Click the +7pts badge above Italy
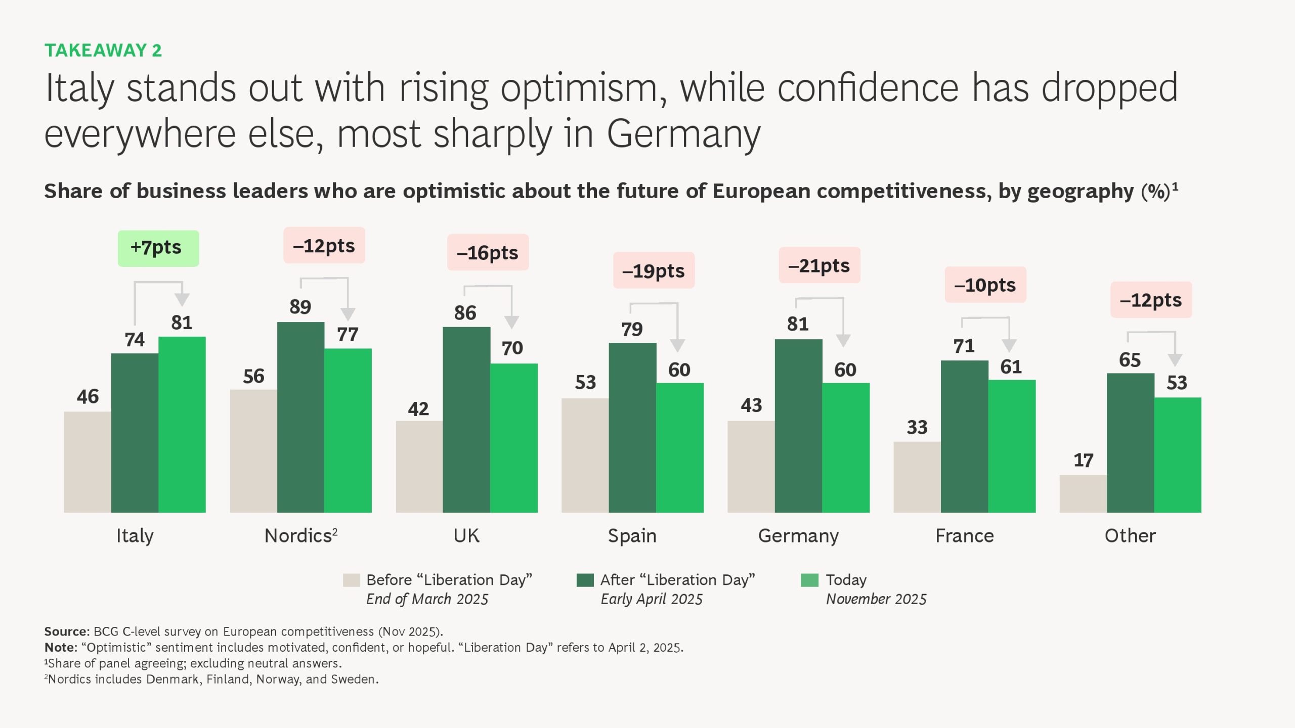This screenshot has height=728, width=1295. pos(158,248)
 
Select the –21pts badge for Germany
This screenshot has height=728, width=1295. pos(819,265)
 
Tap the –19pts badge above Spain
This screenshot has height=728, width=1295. pos(654,271)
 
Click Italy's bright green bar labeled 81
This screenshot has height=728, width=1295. pos(182,425)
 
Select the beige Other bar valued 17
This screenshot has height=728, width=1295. pos(1083,493)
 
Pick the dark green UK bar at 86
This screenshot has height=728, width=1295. pos(466,420)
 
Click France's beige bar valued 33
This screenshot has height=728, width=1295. pos(917,477)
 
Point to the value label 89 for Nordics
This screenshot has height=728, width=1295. pos(300,307)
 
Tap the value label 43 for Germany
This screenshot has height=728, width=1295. pos(751,405)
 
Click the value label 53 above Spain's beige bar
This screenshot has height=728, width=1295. pos(585,383)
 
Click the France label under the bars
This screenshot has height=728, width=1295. pos(964,536)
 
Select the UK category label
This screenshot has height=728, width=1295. pos(466,536)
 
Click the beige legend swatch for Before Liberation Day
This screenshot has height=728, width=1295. pos(352,580)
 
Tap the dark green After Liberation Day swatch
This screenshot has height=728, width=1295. pos(585,580)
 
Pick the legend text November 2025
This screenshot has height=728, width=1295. pos(876,599)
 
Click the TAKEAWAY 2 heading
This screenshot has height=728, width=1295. pos(103,51)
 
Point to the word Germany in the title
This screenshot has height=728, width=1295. pos(683,134)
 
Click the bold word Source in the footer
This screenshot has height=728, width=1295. pos(66,631)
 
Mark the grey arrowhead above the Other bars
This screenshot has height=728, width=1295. pos(1175,359)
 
